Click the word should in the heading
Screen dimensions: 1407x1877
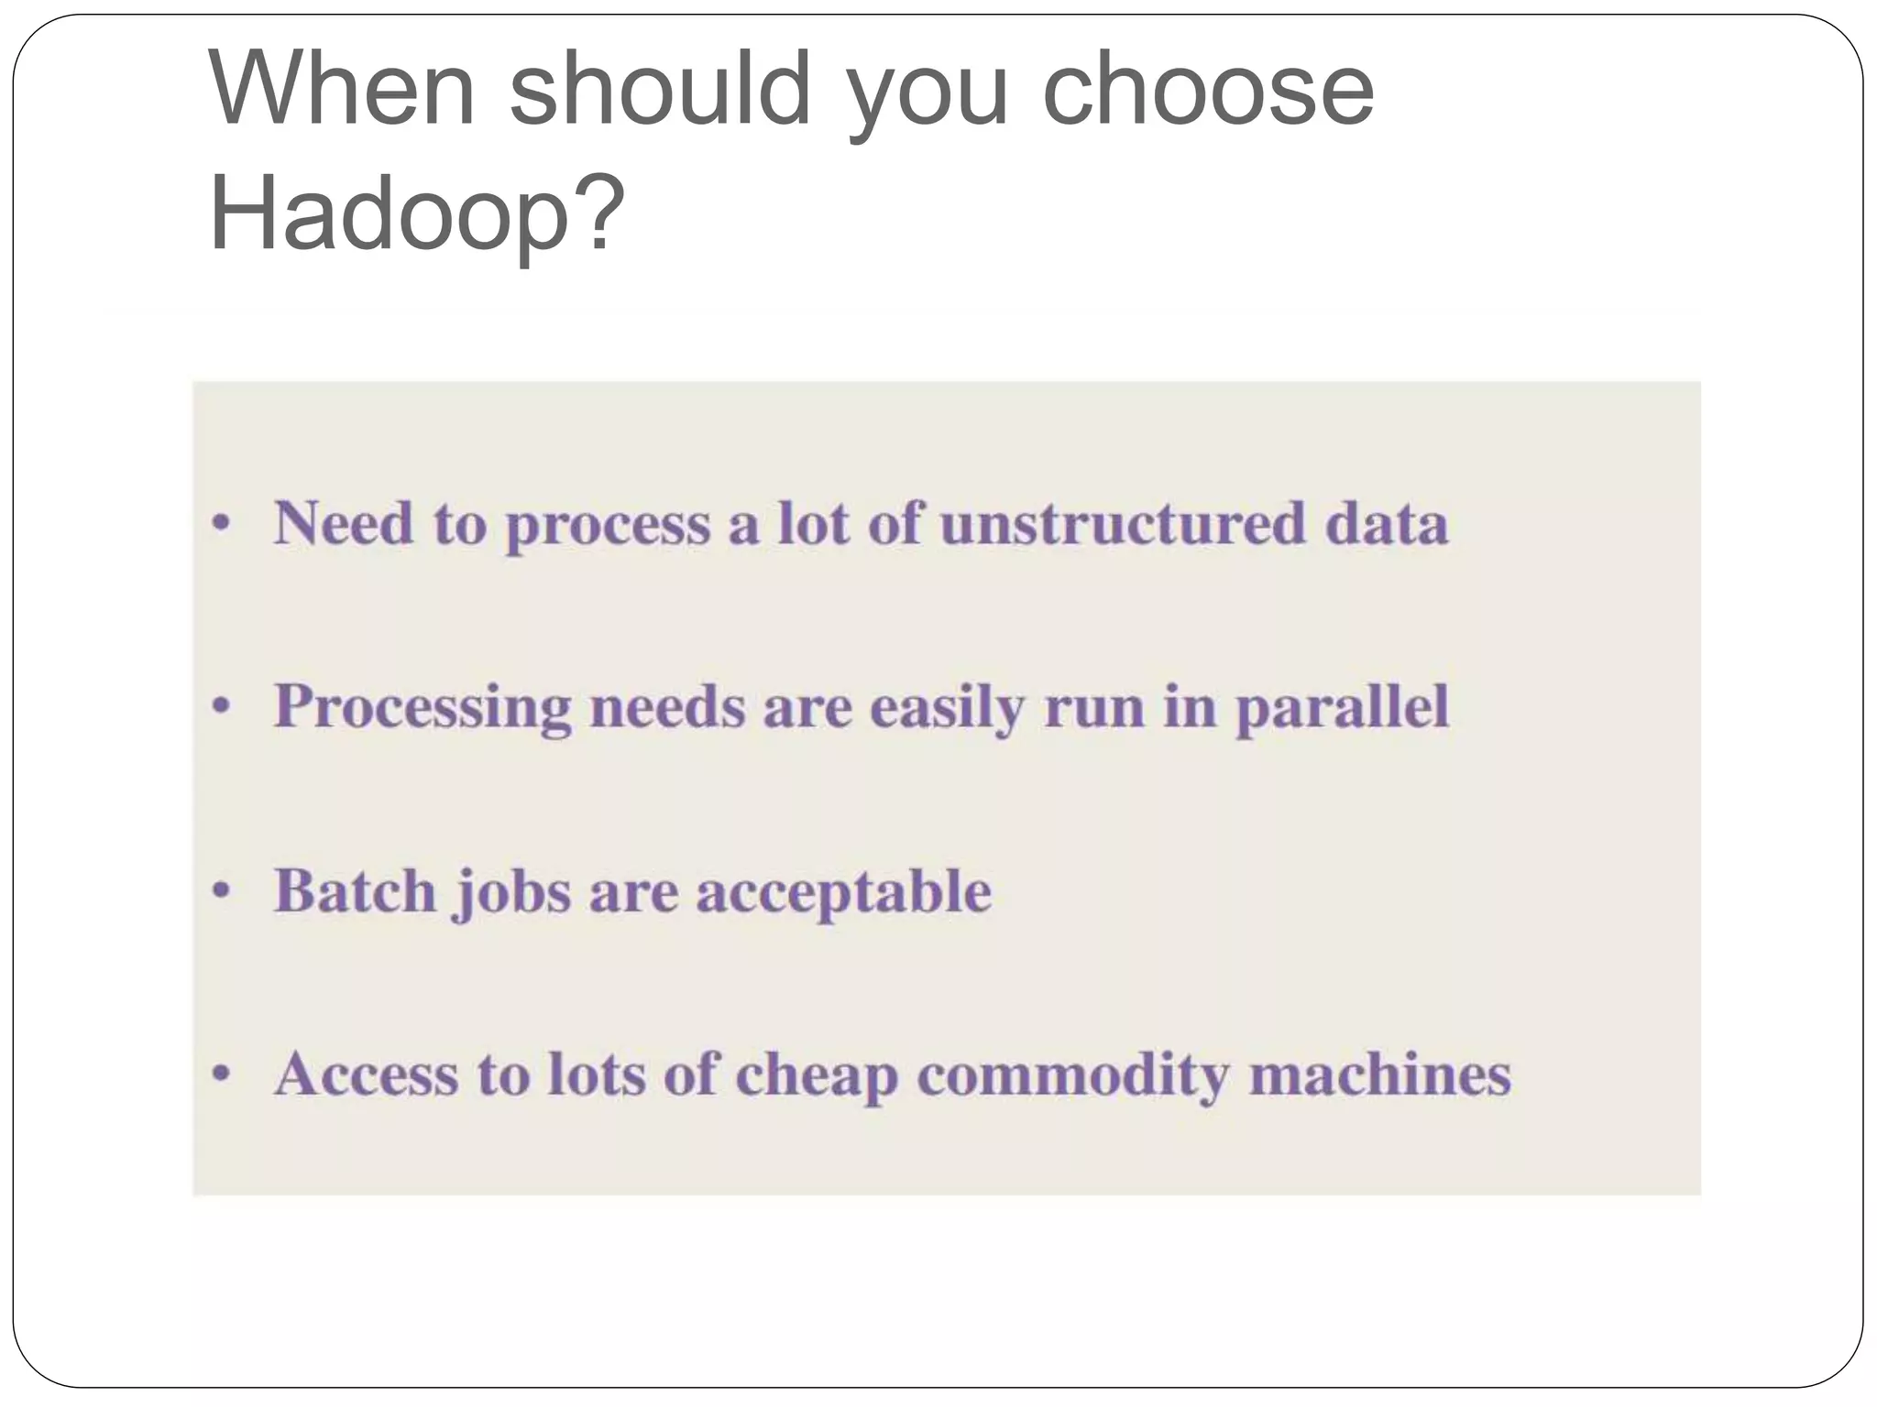[660, 89]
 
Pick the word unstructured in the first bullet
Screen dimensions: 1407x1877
[1122, 524]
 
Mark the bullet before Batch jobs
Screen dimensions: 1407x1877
[220, 891]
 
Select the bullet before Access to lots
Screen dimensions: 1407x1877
[220, 1074]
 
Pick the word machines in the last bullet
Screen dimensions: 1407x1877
[1379, 1074]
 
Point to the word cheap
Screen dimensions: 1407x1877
[816, 1076]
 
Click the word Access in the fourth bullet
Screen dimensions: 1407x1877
[366, 1074]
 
